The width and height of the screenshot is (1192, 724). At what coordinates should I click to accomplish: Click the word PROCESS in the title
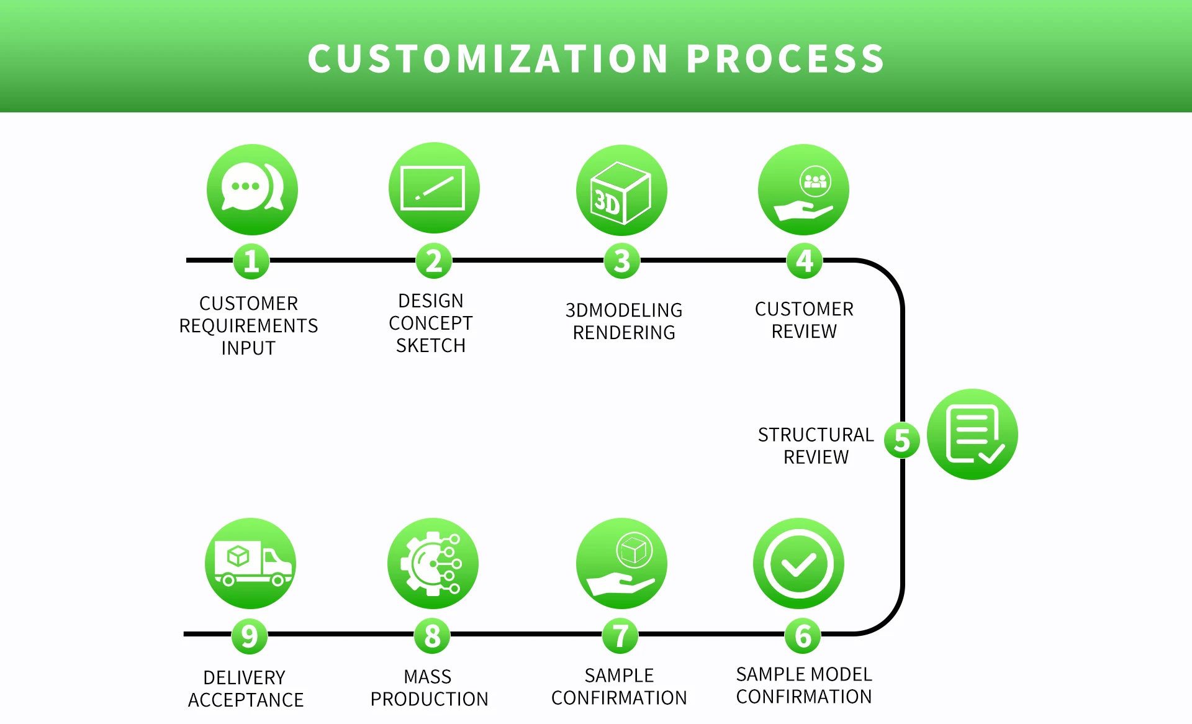pyautogui.click(x=785, y=59)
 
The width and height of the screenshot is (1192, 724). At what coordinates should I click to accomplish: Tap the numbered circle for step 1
pyautogui.click(x=251, y=261)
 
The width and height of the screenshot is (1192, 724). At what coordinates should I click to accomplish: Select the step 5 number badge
pyautogui.click(x=902, y=440)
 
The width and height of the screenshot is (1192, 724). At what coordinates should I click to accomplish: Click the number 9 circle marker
pyautogui.click(x=250, y=636)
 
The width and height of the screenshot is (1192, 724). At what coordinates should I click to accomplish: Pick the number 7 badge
pyautogui.click(x=620, y=636)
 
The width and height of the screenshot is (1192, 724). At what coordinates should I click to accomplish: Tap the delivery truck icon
pyautogui.click(x=251, y=563)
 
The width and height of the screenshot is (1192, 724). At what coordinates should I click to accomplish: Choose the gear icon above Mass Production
pyautogui.click(x=433, y=563)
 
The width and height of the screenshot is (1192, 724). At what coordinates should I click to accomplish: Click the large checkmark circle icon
pyautogui.click(x=798, y=563)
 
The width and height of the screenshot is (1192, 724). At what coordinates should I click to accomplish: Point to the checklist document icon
pyautogui.click(x=972, y=434)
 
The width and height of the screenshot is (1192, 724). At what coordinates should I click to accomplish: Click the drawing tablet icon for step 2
pyautogui.click(x=434, y=188)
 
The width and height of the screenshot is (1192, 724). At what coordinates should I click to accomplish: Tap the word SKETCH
pyautogui.click(x=431, y=346)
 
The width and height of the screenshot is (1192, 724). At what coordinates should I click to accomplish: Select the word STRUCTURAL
pyautogui.click(x=816, y=435)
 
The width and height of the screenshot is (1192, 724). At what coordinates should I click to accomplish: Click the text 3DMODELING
pyautogui.click(x=624, y=310)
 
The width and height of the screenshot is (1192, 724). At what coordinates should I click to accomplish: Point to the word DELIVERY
pyautogui.click(x=245, y=677)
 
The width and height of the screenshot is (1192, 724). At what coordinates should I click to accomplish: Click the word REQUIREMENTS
pyautogui.click(x=248, y=326)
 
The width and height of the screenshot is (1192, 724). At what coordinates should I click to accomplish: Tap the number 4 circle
pyautogui.click(x=805, y=261)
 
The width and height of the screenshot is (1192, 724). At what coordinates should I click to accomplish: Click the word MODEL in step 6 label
pyautogui.click(x=845, y=674)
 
